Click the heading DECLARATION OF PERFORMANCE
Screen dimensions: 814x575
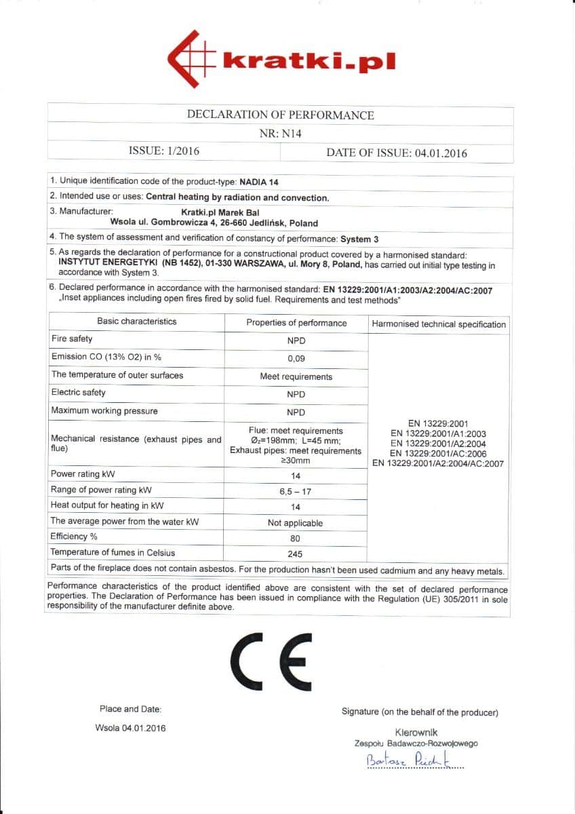280,115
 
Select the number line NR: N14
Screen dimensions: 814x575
280,134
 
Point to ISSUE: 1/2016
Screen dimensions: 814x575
164,151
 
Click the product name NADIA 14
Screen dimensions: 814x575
259,182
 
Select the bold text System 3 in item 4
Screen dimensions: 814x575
359,239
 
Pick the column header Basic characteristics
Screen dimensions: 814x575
136,322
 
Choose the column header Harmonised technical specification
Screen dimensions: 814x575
439,324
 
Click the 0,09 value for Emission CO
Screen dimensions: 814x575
296,359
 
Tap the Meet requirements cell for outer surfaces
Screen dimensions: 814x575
296,376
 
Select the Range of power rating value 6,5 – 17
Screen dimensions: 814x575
296,490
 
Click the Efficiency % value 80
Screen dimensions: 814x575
296,539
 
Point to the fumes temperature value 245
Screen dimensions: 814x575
296,554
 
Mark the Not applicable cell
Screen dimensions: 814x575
296,523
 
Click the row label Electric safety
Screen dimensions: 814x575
79,393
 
